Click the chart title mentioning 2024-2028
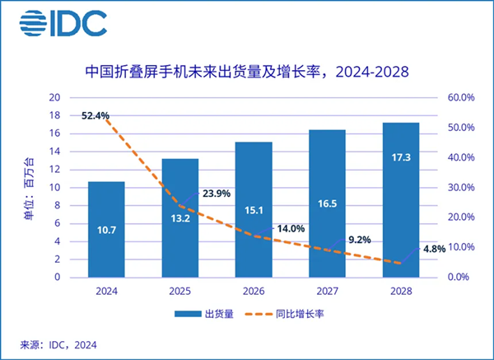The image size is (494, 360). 247,73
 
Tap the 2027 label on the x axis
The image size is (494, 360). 328,290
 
